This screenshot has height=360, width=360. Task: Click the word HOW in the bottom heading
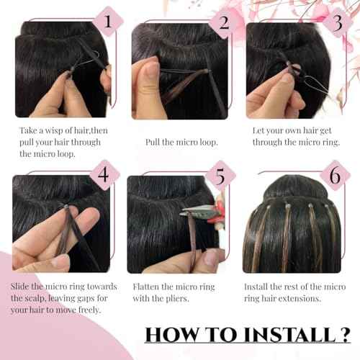pos(169,335)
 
